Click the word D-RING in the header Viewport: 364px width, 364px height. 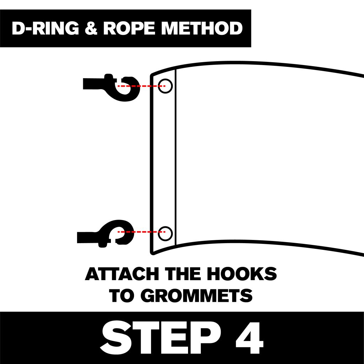[45, 28]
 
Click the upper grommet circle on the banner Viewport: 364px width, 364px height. [165, 86]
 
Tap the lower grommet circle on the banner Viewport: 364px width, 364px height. [165, 233]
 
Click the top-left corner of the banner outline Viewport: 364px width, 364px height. [152, 75]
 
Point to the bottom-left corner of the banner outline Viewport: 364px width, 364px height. [152, 253]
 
